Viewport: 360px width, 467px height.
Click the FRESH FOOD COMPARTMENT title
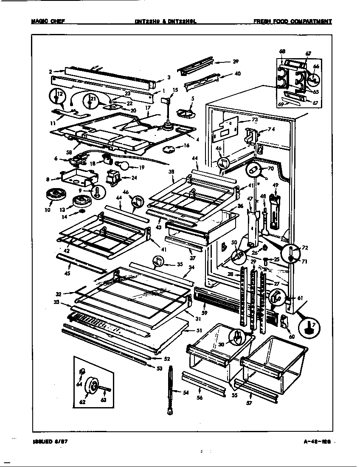coord(292,21)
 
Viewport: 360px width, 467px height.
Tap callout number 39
coord(235,62)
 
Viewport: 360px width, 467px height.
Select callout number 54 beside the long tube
coord(185,393)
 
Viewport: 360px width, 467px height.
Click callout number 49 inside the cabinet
coord(275,185)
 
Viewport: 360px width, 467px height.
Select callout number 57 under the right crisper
coord(249,403)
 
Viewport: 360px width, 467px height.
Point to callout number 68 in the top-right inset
coord(282,52)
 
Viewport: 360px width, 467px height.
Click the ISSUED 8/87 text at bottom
coord(50,442)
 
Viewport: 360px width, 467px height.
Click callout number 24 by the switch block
coord(134,178)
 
